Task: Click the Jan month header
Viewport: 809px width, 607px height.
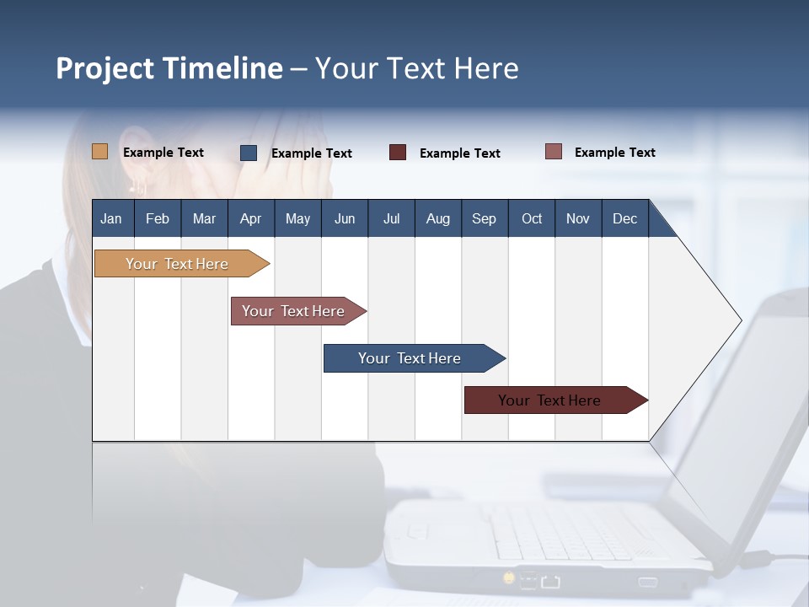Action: [111, 218]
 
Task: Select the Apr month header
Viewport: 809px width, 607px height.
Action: [250, 218]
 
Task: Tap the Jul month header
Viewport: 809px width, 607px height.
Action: [391, 218]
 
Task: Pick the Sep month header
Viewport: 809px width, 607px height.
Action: [484, 218]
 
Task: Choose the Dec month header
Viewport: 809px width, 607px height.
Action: [624, 218]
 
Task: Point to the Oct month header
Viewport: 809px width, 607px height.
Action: [532, 218]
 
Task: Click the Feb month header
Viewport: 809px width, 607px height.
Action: [158, 218]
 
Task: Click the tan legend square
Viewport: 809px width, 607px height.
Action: [99, 152]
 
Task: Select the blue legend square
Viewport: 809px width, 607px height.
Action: [249, 153]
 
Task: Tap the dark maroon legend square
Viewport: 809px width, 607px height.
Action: [398, 153]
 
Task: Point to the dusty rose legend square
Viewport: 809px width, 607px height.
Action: [554, 152]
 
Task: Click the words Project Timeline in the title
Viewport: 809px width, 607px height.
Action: [169, 68]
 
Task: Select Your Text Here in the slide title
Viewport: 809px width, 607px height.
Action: [416, 68]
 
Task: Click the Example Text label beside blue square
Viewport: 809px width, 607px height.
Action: [311, 153]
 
